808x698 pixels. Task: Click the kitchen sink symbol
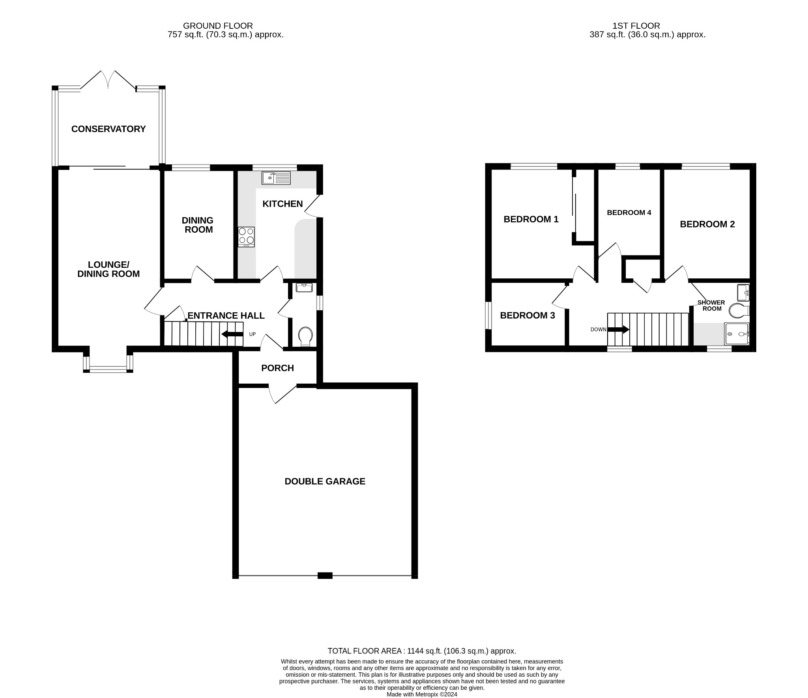tap(276, 178)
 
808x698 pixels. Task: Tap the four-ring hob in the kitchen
tap(246, 237)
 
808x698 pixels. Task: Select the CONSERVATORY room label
tap(108, 129)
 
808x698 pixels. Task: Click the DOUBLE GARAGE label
tap(325, 481)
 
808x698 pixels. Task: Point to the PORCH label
tap(277, 368)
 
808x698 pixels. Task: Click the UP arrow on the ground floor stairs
tap(232, 334)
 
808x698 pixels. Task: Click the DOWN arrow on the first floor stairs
tap(618, 329)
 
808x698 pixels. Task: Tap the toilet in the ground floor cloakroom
tap(305, 336)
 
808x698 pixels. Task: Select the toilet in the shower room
tap(738, 311)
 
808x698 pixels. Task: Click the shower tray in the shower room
tap(737, 334)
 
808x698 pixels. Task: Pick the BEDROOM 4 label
tap(629, 213)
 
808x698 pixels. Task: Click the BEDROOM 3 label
tap(527, 315)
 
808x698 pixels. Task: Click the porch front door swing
tap(282, 394)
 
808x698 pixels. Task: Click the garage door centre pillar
tap(325, 576)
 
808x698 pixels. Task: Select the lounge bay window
tap(108, 369)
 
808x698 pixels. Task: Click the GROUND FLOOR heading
tap(218, 26)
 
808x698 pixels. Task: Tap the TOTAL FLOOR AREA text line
tap(422, 651)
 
